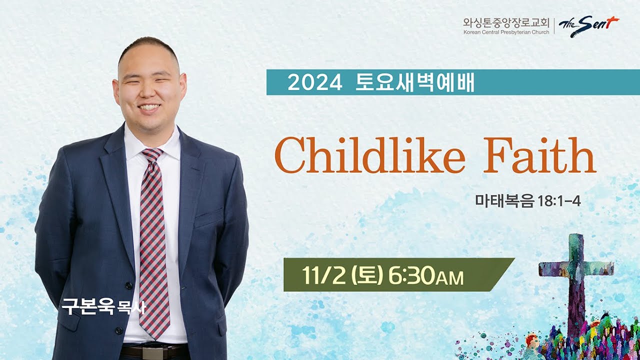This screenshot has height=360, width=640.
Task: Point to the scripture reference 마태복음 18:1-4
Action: coord(527,202)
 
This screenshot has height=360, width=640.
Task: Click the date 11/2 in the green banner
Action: coord(323,275)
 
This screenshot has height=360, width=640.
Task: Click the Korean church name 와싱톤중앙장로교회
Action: coord(506,22)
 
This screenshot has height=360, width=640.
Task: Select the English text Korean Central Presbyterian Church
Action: coord(506,32)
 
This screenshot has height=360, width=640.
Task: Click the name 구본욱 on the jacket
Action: coord(88,306)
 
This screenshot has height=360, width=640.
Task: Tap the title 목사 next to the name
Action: coord(131,307)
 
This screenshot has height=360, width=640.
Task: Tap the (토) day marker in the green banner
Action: coord(367,275)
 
